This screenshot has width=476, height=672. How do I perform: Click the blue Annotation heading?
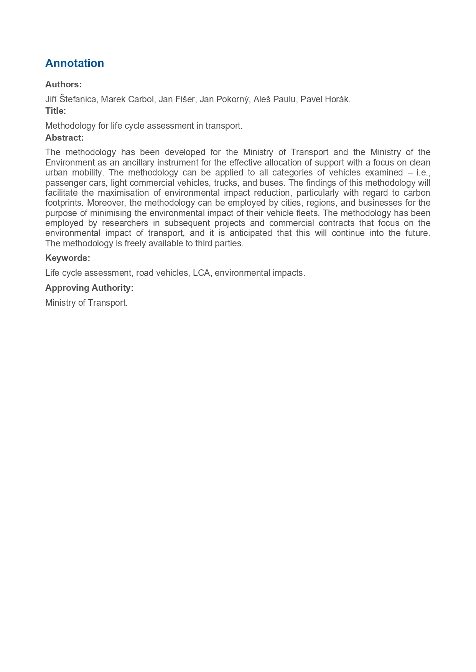pyautogui.click(x=74, y=63)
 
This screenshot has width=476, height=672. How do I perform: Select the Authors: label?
pyautogui.click(x=63, y=84)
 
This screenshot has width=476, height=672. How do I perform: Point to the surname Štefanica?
pyautogui.click(x=78, y=99)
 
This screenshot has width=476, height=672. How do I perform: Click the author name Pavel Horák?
pyautogui.click(x=325, y=99)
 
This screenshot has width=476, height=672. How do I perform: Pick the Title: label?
pyautogui.click(x=56, y=111)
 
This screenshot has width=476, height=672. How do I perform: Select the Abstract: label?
pyautogui.click(x=64, y=138)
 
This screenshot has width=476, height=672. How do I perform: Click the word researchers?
pyautogui.click(x=125, y=223)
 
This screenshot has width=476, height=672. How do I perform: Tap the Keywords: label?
pyautogui.click(x=68, y=258)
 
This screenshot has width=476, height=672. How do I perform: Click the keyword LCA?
pyautogui.click(x=202, y=273)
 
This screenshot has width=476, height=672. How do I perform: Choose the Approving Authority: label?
pyautogui.click(x=89, y=288)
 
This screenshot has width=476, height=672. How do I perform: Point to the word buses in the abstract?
pyautogui.click(x=271, y=183)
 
